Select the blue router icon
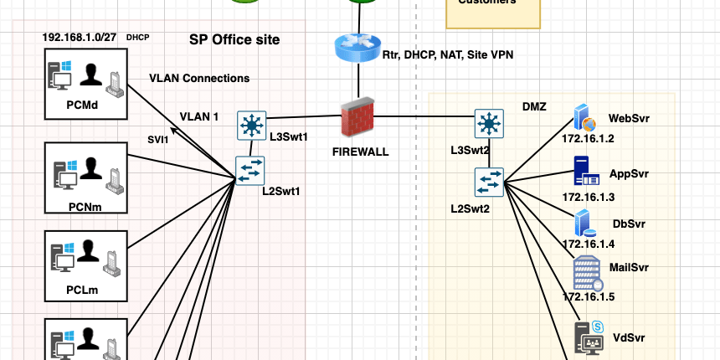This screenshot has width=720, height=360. click(358, 48)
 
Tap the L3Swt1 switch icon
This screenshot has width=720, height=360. click(250, 125)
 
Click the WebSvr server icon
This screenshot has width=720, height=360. click(583, 118)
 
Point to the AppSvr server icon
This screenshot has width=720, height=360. click(586, 171)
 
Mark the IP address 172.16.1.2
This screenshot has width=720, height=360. click(588, 138)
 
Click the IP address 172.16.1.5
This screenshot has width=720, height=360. click(588, 296)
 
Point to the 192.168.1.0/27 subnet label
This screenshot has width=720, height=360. click(80, 38)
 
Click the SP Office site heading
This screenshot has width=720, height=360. click(234, 39)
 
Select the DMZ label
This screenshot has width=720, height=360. click(535, 108)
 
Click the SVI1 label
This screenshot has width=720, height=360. click(157, 140)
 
